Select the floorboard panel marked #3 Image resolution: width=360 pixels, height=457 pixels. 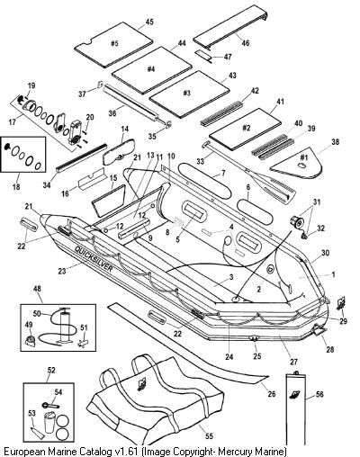point(190,94)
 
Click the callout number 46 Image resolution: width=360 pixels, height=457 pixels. point(245,43)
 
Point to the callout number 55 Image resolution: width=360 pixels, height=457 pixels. point(209,435)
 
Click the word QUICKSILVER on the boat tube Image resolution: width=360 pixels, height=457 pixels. point(94,258)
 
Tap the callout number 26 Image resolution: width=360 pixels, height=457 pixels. point(272,393)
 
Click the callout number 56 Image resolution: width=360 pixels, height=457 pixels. point(319,394)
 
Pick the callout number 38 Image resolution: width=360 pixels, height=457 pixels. point(335,141)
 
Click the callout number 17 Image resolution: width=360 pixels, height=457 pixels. point(13,122)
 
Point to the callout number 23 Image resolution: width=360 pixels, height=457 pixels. point(62,271)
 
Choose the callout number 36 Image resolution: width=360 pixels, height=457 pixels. point(112,113)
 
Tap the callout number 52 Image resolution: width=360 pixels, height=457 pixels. point(51,370)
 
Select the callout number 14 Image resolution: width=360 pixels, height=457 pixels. point(125,129)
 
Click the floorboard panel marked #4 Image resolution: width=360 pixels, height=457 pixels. point(152,70)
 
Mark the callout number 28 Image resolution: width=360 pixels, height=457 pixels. point(330,350)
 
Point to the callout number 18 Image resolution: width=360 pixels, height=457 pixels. point(16,186)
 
